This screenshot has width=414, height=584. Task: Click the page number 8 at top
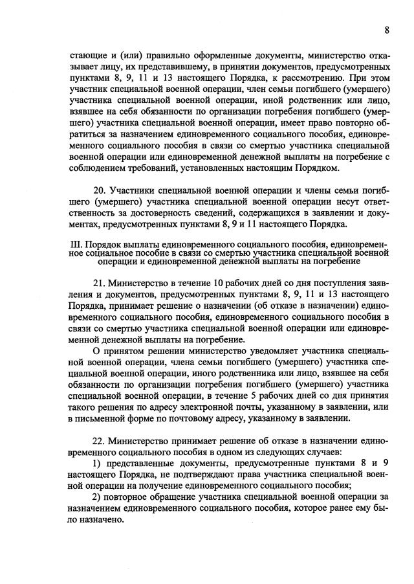coord(387,30)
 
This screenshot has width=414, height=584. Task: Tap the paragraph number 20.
coord(100,192)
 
